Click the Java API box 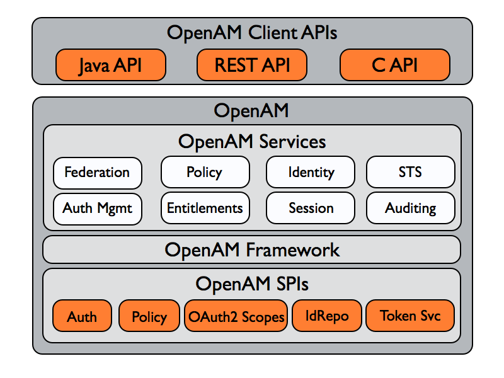point(111,65)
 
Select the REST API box point(252,65)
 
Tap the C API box point(395,65)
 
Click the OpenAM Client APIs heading point(252,33)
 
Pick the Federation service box point(98,173)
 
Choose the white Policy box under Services point(205,172)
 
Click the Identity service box point(311,172)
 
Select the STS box point(411,172)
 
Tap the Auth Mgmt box point(98,209)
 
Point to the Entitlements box point(205,208)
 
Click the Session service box point(311,208)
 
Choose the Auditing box point(411,208)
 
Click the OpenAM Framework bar point(251,249)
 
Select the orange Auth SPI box point(83,316)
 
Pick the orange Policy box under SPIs point(149,316)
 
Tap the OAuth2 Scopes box point(236,316)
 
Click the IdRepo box point(327,316)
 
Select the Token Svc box point(410,316)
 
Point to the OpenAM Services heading point(252,142)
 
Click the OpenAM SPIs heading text point(252,284)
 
